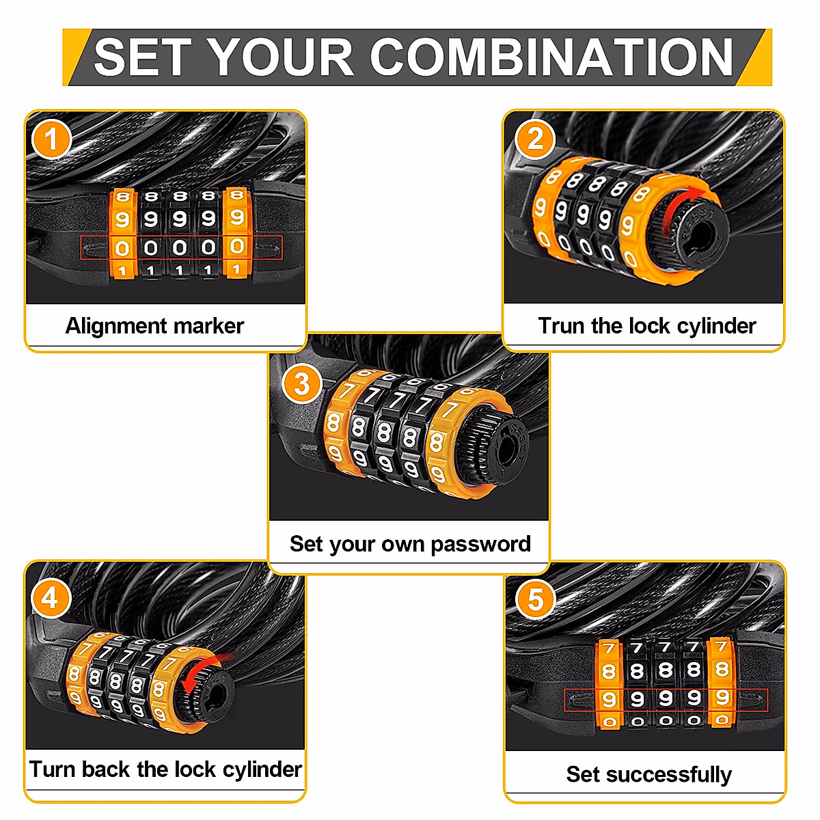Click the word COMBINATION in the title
(552, 57)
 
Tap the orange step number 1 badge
(51, 140)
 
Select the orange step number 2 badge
(535, 139)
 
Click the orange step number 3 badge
(301, 384)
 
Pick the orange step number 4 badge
(50, 599)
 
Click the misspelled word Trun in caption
(561, 326)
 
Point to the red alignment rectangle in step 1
(181, 247)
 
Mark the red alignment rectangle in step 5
(666, 700)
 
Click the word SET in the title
(140, 57)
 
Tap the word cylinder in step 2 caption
(715, 326)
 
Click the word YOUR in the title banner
(281, 57)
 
